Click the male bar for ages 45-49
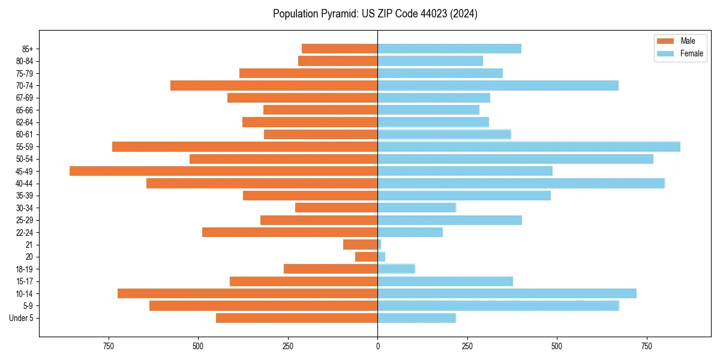[223, 171]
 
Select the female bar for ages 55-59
[529, 146]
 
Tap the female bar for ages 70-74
[498, 85]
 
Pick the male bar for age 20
[367, 257]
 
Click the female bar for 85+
[449, 49]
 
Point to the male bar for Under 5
[297, 318]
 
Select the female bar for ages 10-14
[507, 293]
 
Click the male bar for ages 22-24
[290, 232]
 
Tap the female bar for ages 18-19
[396, 269]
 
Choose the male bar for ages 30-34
[336, 208]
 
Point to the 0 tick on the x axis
[377, 346]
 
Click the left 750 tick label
[108, 346]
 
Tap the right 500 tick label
[557, 346]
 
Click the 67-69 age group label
[24, 98]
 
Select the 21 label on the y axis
[29, 245]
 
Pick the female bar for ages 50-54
[515, 159]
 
